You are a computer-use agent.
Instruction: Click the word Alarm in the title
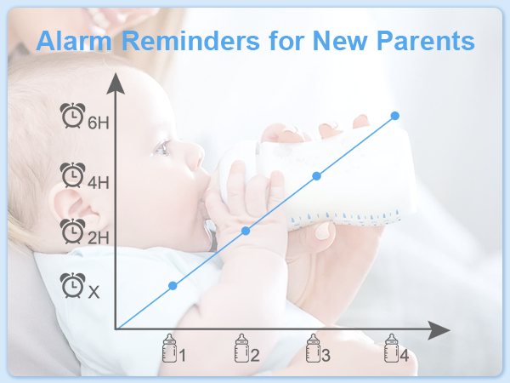74,41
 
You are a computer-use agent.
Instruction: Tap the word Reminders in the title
191,41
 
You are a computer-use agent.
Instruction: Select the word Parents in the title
426,41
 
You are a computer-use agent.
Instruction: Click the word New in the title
339,41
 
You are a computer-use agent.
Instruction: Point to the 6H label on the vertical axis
99,123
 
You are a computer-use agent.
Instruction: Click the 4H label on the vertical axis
99,182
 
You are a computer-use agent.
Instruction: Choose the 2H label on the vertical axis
99,237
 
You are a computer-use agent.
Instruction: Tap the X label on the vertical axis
93,292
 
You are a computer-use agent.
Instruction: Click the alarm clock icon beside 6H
73,115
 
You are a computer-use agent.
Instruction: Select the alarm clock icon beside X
73,285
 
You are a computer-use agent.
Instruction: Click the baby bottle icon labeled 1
169,348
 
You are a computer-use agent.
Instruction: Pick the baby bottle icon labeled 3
313,348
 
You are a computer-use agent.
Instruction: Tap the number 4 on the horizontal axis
405,356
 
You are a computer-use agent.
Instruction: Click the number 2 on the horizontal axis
255,356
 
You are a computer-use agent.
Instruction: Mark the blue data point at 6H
395,116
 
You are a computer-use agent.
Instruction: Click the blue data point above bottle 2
246,231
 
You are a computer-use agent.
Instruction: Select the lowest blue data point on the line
173,286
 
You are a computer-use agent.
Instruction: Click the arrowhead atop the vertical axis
116,83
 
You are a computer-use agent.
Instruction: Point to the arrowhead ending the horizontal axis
439,330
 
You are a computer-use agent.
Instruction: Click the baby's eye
161,148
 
